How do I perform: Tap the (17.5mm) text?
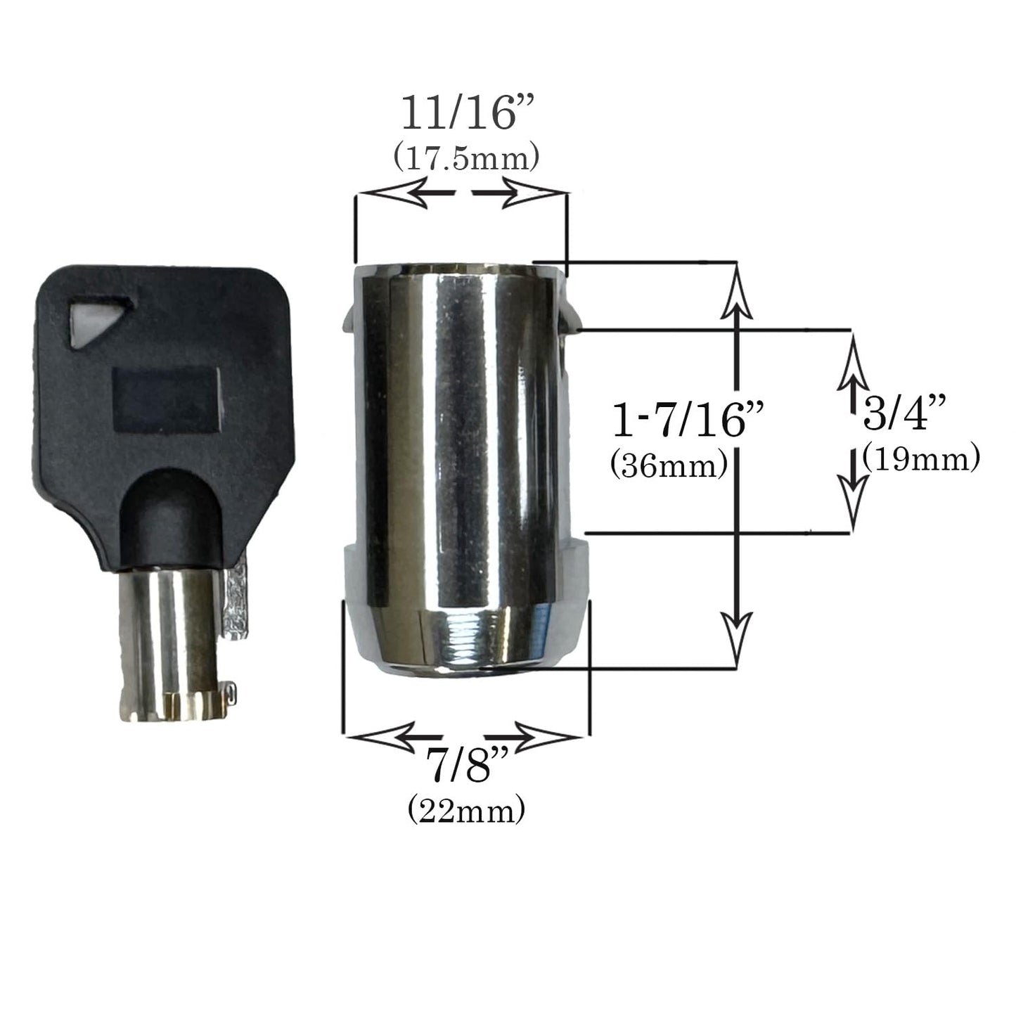tap(466, 159)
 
